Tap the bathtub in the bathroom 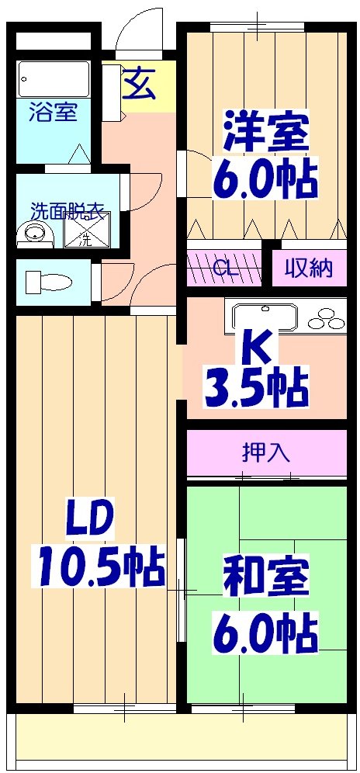click(54, 78)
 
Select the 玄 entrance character click(139, 85)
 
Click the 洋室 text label click(266, 133)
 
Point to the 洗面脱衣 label click(67, 210)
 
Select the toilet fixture click(47, 280)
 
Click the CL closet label click(225, 269)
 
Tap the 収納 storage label click(307, 268)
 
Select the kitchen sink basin click(263, 316)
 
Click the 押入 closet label click(265, 452)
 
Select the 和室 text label click(266, 577)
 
